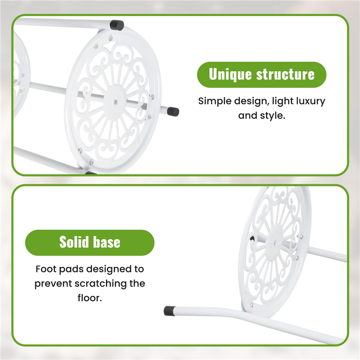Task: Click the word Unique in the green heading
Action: (230, 74)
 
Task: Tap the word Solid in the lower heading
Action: (74, 242)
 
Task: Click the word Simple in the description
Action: (215, 102)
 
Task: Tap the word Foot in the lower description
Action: (46, 269)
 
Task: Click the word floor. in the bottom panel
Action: (90, 298)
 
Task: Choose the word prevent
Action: (53, 284)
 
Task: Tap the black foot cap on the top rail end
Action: (117, 25)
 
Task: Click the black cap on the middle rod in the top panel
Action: (173, 111)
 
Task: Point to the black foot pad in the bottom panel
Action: (170, 310)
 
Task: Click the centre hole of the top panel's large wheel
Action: (116, 102)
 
